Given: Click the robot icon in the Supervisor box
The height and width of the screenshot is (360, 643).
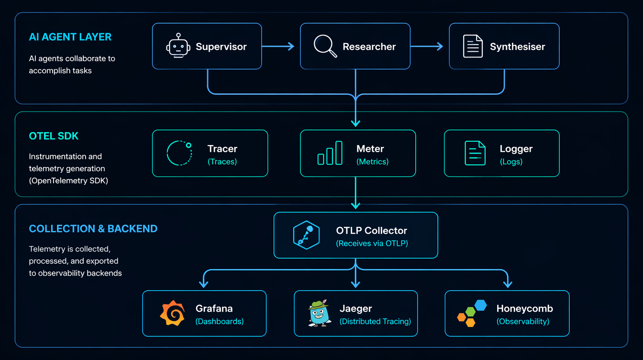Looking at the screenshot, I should coord(178,46).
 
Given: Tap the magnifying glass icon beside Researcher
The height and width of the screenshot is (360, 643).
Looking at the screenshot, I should coord(325,46).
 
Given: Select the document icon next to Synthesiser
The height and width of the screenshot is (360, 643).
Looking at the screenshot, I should coord(473,46).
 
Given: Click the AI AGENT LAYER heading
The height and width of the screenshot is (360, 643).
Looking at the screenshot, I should coord(70,37).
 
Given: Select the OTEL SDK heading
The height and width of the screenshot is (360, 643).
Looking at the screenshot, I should coord(54,136).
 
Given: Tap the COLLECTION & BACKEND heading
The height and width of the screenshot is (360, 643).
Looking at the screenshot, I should coord(93,229).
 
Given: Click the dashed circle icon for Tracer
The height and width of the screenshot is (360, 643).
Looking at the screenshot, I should coord(179,153).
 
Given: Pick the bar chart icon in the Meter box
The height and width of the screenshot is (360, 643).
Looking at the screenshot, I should coord(330,153).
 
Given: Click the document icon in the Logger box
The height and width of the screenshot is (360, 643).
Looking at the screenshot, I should coord(475,153).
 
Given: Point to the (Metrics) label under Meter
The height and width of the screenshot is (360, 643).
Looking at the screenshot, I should coord(372,162).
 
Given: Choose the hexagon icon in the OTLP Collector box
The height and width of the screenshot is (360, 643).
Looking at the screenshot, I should coord(306,235).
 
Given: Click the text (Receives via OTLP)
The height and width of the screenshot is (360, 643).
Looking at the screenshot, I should coord(372,243).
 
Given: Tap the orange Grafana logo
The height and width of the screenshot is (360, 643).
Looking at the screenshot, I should coord(172,314).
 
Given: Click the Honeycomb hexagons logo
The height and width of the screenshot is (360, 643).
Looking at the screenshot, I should coord(472,313).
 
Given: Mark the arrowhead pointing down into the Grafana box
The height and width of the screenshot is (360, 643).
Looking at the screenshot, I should coord(204,284).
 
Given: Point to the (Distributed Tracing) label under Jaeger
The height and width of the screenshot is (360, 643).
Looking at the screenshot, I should coord(375,321).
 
